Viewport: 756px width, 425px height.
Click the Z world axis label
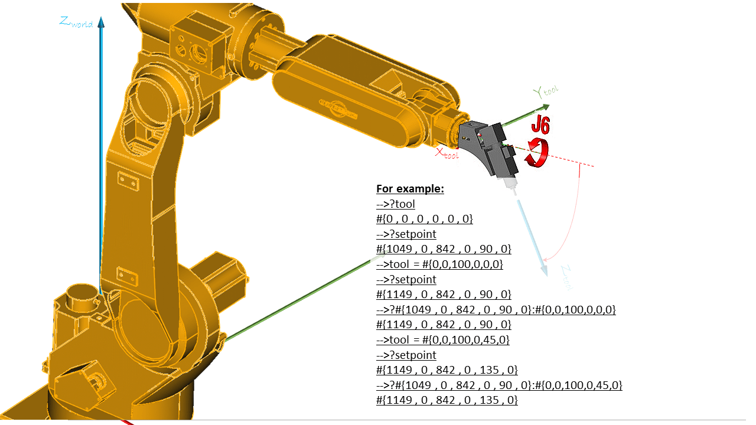click(x=76, y=22)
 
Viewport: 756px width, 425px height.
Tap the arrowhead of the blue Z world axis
click(x=101, y=22)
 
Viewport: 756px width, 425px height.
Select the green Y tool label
click(x=545, y=91)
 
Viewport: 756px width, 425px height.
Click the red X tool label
click(x=447, y=153)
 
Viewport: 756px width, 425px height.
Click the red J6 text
click(x=540, y=125)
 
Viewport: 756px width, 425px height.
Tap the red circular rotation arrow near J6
click(x=538, y=152)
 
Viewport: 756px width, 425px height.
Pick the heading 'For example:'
click(x=410, y=189)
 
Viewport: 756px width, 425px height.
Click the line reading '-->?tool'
click(x=396, y=204)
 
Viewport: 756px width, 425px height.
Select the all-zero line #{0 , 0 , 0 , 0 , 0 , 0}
click(x=425, y=219)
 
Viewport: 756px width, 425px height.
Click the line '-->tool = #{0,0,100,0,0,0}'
click(x=439, y=264)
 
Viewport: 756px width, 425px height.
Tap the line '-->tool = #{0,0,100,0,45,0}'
click(x=442, y=340)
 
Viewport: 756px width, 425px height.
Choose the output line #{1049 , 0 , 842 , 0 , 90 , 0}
click(x=444, y=249)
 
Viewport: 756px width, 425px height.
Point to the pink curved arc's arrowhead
click(x=546, y=257)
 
